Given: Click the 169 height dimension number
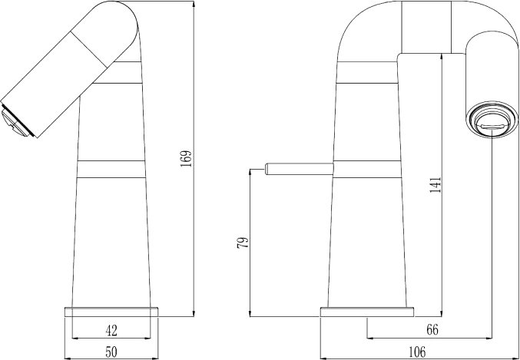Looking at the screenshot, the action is pos(187,159).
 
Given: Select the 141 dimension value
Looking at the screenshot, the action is pos(436,185).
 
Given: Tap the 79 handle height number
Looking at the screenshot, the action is pos(243,243).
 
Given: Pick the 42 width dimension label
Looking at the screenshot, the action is pos(111,331).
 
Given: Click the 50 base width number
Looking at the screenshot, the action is pos(111,352).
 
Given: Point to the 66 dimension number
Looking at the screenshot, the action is pos(432,330).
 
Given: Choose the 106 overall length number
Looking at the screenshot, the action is pos(417,352).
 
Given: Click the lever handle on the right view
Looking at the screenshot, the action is pos(299,169).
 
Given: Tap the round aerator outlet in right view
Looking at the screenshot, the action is pos(492,119).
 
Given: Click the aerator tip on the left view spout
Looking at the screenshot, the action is pos(15,121).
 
